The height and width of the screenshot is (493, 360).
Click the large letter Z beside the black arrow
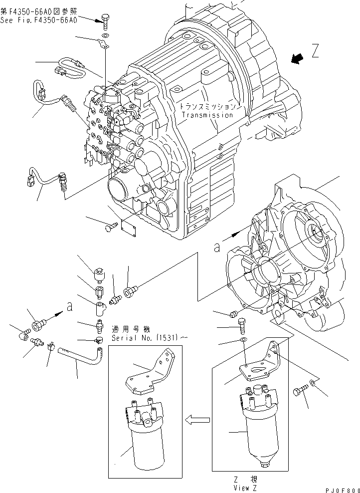tap(316, 51)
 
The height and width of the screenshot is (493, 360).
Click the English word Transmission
tap(207, 115)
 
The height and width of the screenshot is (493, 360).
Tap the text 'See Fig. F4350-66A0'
tap(38, 20)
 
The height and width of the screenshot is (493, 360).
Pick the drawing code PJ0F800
tap(343, 491)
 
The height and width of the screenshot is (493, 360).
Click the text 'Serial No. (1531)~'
tap(149, 338)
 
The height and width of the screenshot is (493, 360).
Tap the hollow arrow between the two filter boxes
tap(197, 419)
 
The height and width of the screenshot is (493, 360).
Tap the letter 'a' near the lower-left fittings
tap(70, 306)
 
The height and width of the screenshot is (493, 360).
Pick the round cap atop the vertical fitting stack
tap(99, 275)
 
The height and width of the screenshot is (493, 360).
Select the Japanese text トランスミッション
tap(207, 107)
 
